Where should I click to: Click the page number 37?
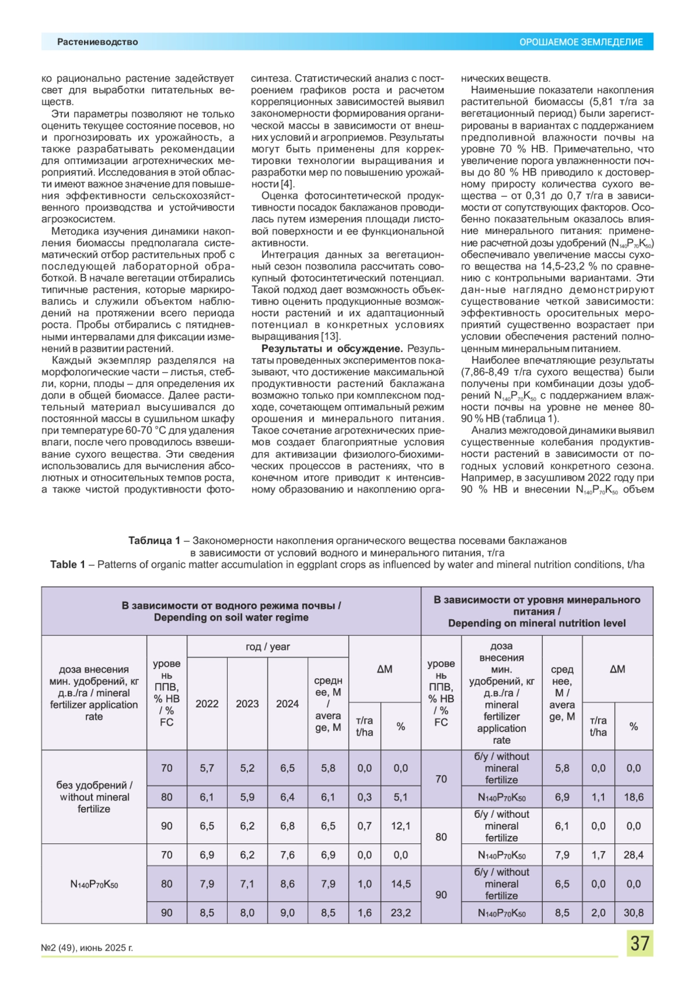pos(639,943)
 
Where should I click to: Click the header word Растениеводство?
pos(97,42)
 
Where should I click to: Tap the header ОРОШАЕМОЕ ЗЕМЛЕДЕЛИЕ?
pos(581,42)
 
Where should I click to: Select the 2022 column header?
pos(207,704)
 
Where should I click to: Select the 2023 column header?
pos(247,704)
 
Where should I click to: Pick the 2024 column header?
pos(287,704)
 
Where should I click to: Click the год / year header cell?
pos(268,646)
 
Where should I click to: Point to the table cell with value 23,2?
pos(401,913)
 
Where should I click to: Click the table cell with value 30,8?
pos(634,913)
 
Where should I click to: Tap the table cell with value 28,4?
pos(634,855)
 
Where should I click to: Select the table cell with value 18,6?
pos(634,797)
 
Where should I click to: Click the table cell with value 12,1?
pos(401,826)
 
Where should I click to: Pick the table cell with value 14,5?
pos(401,884)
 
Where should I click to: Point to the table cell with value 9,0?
pos(287,913)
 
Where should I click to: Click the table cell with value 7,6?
pos(287,855)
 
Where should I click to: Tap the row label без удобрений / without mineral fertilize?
pos(94,797)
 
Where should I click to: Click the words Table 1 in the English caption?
pos(67,565)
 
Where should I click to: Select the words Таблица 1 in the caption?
pos(153,540)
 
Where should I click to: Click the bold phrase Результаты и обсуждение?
pos(332,349)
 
